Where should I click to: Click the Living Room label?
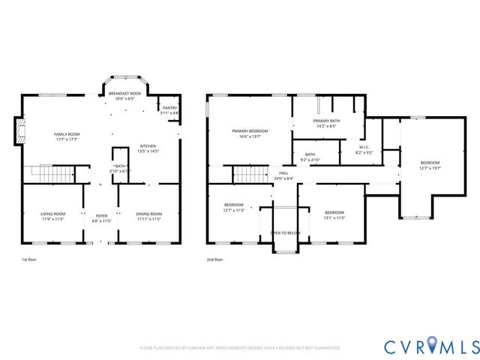point(52,216)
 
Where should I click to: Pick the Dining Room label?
point(150,216)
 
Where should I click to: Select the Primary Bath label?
point(326,123)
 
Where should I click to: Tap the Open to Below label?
point(285,233)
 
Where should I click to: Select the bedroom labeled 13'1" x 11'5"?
point(334,214)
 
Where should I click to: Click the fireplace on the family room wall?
point(19,132)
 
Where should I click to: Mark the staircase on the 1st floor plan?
point(48,174)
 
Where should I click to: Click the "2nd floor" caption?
point(215,259)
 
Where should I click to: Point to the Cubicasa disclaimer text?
point(239,348)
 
